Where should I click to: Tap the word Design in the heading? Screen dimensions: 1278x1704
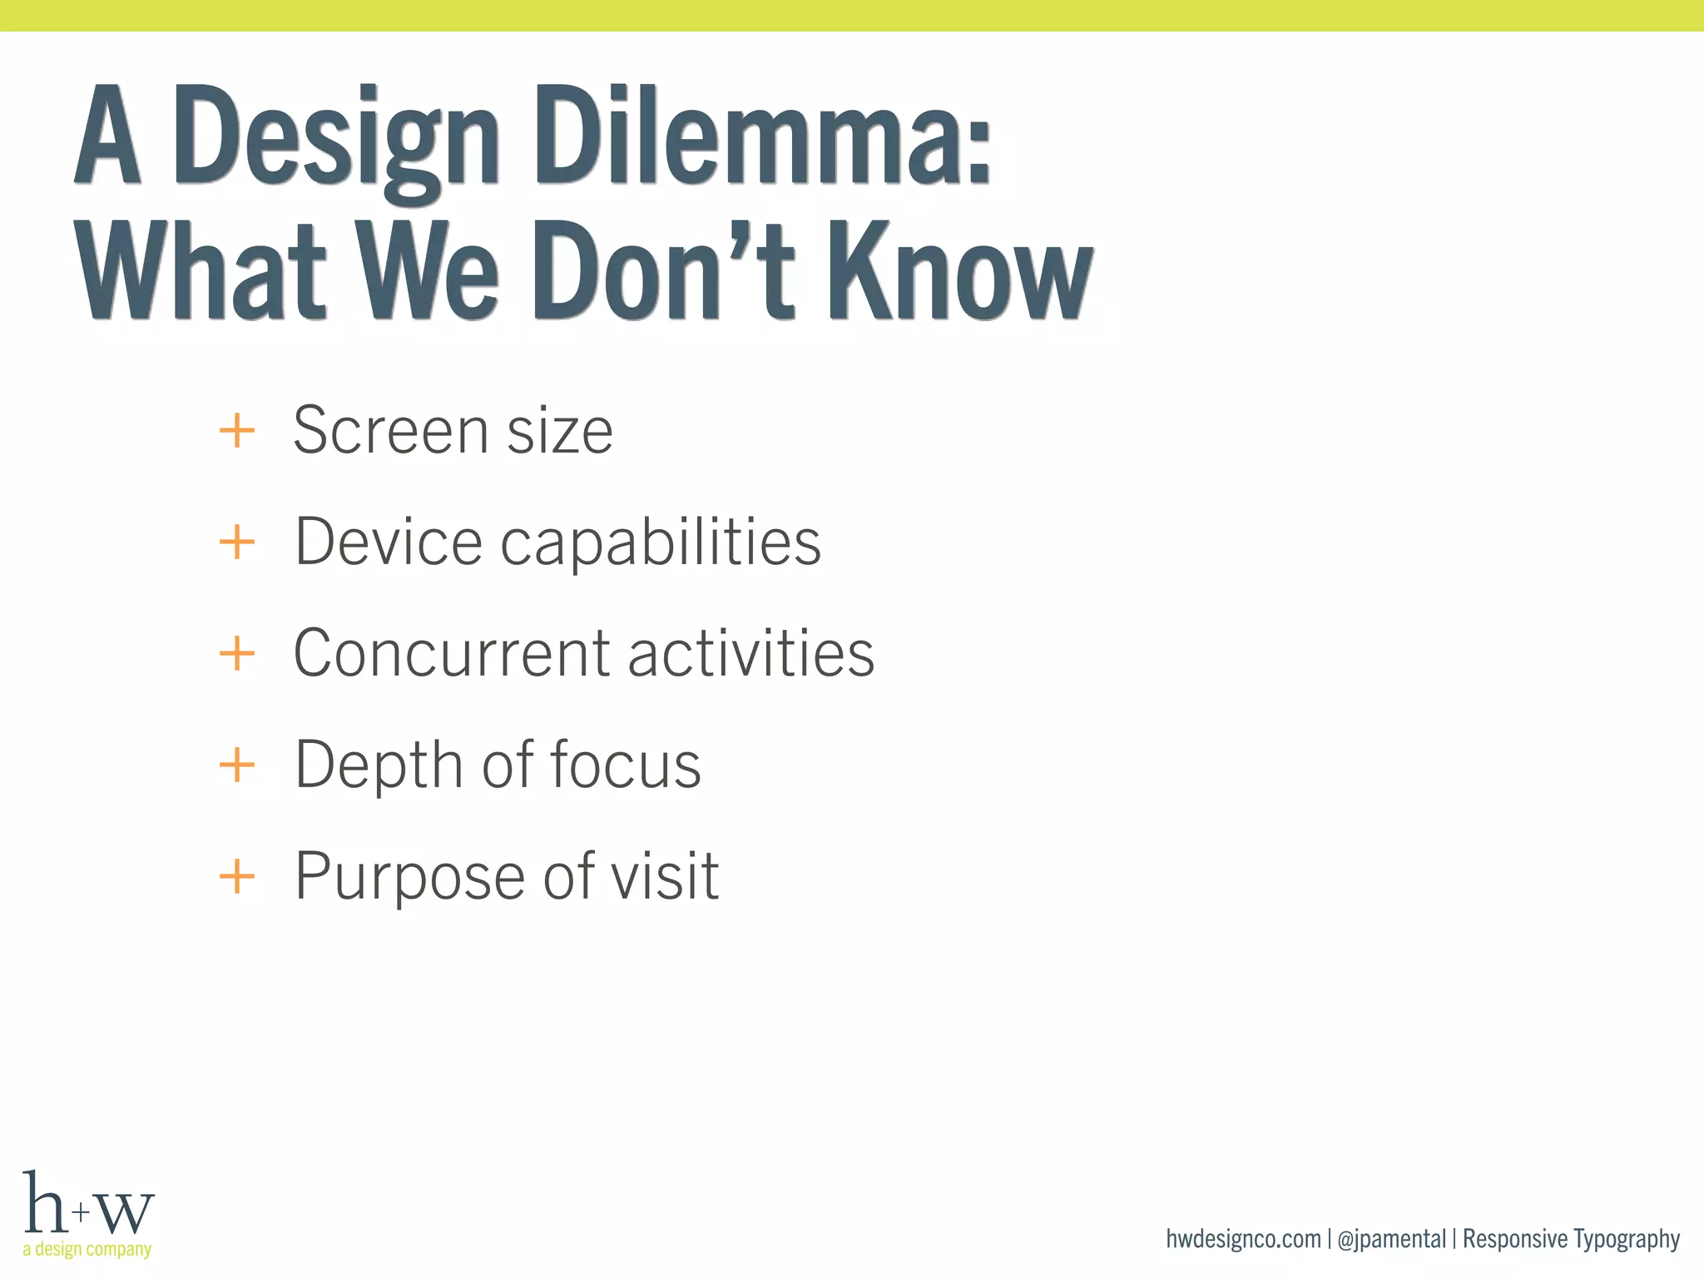point(336,141)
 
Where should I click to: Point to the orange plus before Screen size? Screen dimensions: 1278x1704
point(237,431)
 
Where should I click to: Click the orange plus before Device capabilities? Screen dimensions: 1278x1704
point(237,542)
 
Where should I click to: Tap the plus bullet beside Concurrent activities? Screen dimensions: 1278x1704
point(237,653)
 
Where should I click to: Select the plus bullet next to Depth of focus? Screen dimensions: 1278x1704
point(237,764)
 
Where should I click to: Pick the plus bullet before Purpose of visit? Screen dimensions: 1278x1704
point(237,876)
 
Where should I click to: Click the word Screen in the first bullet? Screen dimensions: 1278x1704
point(390,431)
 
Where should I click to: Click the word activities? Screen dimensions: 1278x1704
point(750,653)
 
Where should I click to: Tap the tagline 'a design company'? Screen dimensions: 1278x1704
point(87,1249)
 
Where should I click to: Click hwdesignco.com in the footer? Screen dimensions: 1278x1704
point(1243,1239)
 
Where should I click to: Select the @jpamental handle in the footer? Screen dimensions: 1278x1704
point(1391,1239)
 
